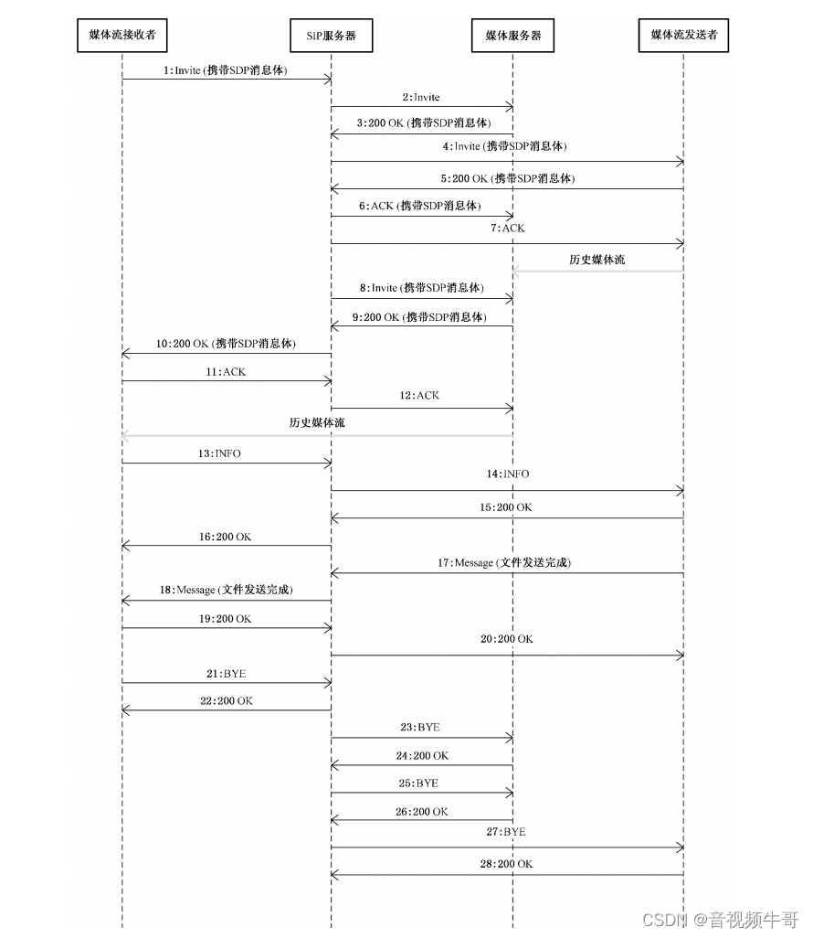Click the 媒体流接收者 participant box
click(121, 36)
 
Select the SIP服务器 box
click(331, 36)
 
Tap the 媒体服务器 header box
click(512, 36)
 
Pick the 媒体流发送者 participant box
click(683, 36)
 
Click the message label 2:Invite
click(420, 97)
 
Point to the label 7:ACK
click(507, 229)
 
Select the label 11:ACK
click(227, 373)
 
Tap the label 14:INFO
click(508, 474)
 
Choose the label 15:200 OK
click(505, 507)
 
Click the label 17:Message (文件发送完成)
click(503, 563)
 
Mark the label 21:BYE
click(226, 674)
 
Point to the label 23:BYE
click(420, 729)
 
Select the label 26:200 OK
click(422, 812)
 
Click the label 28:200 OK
click(507, 864)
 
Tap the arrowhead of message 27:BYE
click(680, 847)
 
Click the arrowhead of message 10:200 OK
click(127, 354)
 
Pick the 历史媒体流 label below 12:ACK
click(317, 423)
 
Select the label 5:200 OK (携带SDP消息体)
click(507, 179)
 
